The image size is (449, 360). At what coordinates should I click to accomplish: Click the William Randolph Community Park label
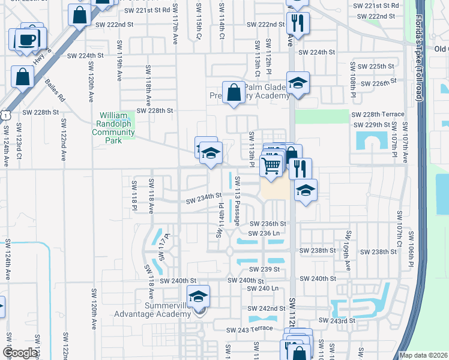(x=113, y=128)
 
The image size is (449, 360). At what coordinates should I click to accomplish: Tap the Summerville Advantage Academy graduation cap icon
(x=198, y=296)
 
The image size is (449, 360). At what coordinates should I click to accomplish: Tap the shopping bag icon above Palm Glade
(x=234, y=93)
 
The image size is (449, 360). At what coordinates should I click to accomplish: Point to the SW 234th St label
(x=203, y=196)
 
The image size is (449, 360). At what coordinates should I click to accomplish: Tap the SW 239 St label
(x=265, y=269)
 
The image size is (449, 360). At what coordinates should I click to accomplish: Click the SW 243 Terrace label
(x=250, y=330)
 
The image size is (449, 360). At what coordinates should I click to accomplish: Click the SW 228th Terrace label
(x=378, y=114)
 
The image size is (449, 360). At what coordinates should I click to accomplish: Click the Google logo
(x=20, y=353)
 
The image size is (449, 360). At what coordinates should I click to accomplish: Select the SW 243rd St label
(x=346, y=321)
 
